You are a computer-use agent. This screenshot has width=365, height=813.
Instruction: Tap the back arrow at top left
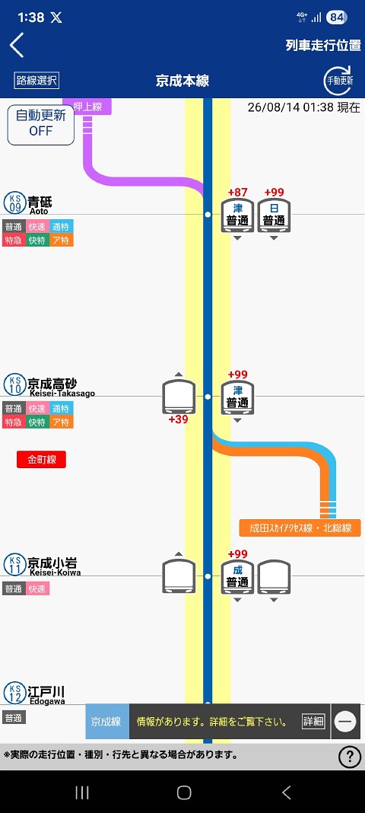point(17,45)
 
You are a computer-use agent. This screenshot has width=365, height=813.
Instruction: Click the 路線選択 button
point(36,81)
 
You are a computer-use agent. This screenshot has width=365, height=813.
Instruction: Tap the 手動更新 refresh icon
point(339,81)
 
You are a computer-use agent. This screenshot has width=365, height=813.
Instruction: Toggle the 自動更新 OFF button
point(41,123)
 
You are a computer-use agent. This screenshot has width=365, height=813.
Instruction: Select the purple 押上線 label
point(87,107)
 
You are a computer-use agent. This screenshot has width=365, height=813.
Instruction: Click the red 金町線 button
point(41,459)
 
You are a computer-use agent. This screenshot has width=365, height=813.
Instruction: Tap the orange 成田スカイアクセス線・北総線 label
point(300,528)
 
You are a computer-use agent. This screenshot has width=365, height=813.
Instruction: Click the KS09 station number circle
point(14,202)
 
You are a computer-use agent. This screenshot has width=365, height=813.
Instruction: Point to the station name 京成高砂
point(52,384)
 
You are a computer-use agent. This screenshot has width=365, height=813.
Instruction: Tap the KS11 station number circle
point(14,565)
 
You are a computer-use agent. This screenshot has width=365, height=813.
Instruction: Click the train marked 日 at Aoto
point(274,215)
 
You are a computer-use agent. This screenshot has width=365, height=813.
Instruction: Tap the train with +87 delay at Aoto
point(238,215)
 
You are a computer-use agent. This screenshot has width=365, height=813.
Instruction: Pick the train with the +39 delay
point(179,397)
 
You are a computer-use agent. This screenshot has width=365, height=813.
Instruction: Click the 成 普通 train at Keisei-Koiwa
point(238,576)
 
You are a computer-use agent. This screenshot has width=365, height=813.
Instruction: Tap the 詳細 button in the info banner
point(313,721)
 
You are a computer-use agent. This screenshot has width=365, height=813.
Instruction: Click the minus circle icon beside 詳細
point(346,721)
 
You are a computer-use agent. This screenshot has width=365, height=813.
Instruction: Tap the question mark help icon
point(350,757)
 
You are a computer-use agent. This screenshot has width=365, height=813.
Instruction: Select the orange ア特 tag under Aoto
point(62,240)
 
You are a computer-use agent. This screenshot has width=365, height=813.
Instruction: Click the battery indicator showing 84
point(337,18)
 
